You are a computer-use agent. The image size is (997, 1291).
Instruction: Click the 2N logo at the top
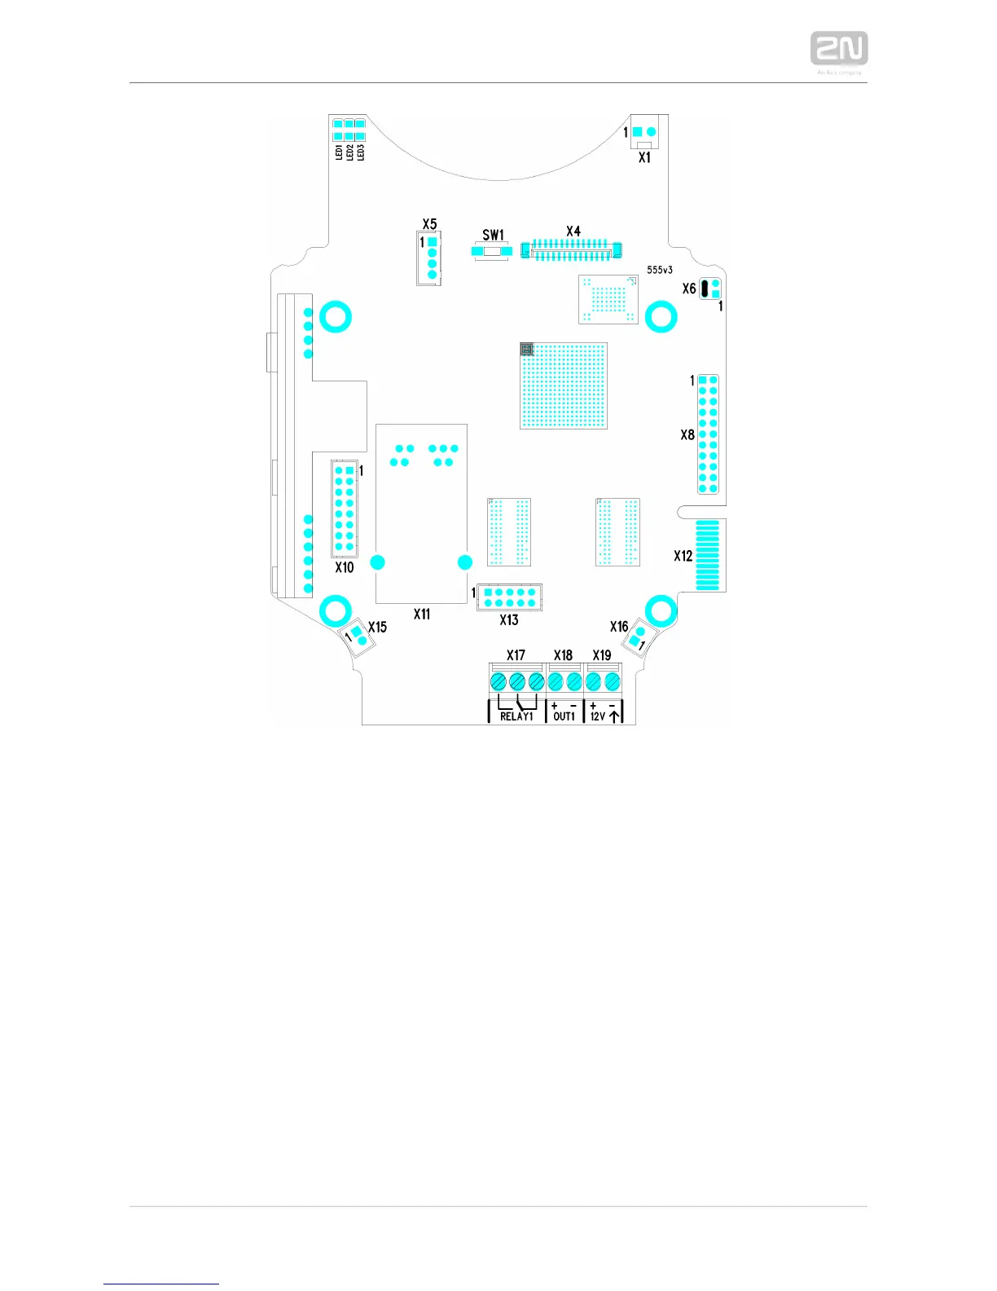[x=838, y=49]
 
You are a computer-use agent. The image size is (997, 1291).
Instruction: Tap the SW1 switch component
[x=491, y=251]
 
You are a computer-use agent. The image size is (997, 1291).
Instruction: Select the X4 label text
[x=573, y=231]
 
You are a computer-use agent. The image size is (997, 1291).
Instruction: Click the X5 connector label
[x=429, y=224]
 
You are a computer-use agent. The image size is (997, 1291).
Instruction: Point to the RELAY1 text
[x=516, y=716]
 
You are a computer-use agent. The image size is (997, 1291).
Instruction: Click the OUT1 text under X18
[x=564, y=716]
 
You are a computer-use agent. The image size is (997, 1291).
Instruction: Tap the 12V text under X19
[x=598, y=716]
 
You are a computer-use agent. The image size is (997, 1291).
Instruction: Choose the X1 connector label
[x=644, y=157]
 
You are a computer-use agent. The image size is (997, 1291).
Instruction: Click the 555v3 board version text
[x=660, y=270]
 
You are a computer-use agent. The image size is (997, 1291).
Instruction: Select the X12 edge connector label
[x=683, y=556]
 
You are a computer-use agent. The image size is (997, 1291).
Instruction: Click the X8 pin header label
[x=687, y=435]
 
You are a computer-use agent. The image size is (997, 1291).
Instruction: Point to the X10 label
[x=345, y=567]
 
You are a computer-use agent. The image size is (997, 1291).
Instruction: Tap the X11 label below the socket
[x=421, y=615]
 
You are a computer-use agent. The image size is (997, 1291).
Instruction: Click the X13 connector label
[x=509, y=620]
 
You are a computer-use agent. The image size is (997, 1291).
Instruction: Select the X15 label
[x=377, y=628]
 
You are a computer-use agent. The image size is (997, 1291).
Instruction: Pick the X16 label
[x=619, y=627]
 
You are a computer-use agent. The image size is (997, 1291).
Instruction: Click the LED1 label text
[x=340, y=152]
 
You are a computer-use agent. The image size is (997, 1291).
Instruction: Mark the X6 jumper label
[x=689, y=289]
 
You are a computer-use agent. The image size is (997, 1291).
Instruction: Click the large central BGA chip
[x=564, y=386]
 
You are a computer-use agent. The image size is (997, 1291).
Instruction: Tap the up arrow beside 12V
[x=615, y=714]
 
